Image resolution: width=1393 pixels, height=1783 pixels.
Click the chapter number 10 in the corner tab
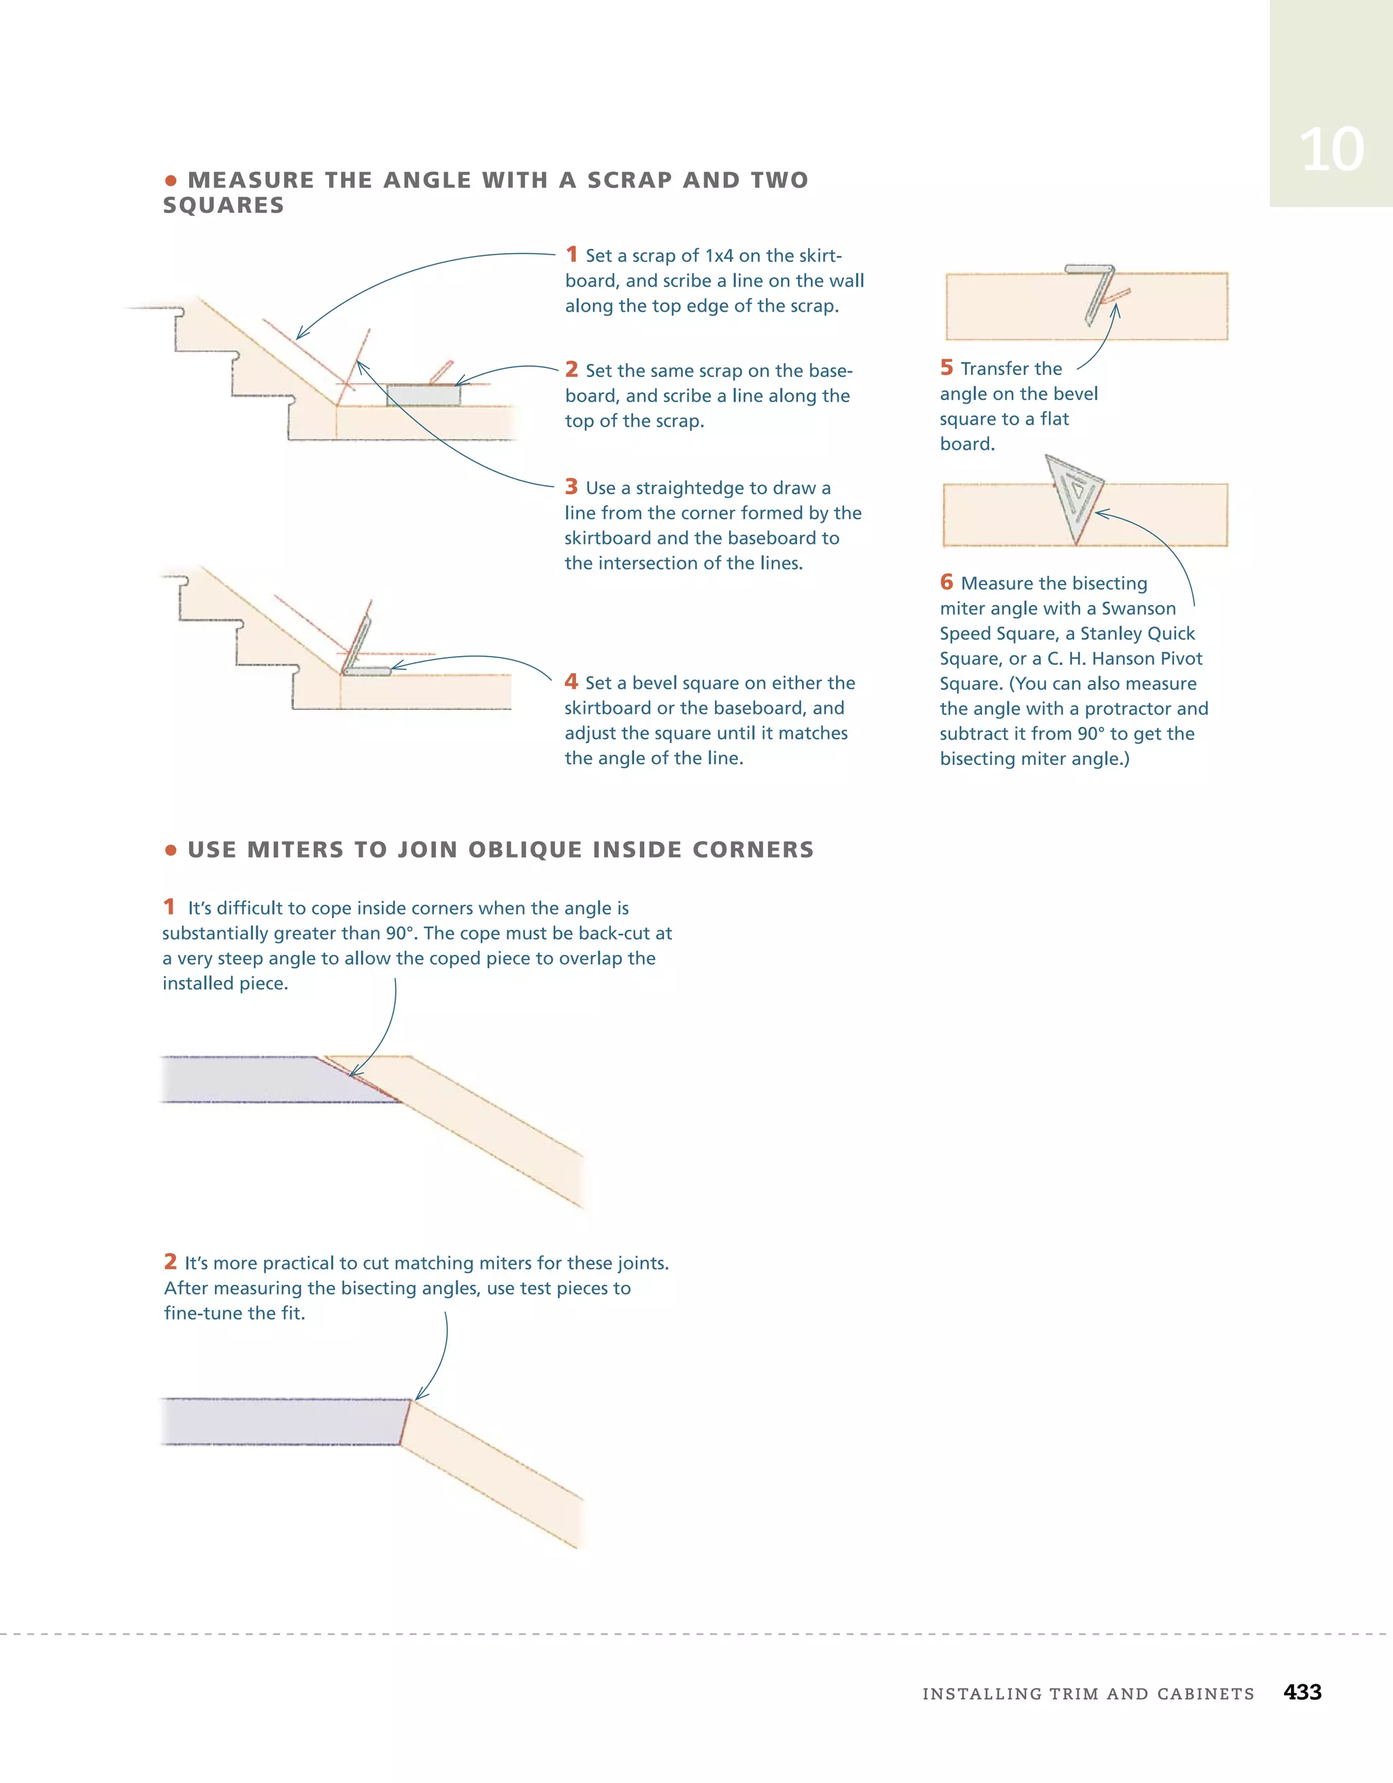coord(1331,150)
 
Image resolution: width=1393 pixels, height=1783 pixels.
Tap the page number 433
coord(1303,1692)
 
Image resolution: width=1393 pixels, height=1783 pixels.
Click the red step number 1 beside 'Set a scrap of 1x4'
coord(571,255)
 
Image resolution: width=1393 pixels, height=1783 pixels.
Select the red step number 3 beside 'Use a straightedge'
coord(571,487)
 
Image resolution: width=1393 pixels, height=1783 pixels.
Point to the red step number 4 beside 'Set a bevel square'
coord(571,682)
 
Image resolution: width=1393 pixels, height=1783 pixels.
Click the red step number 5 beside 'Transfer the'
coord(946,367)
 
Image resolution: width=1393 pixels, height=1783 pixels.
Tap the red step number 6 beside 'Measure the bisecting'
coord(946,582)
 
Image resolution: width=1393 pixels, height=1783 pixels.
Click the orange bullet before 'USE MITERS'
coord(171,851)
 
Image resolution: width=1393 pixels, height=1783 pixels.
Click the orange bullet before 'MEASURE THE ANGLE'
coord(171,180)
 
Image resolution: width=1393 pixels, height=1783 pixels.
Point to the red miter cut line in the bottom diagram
coord(405,1423)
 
